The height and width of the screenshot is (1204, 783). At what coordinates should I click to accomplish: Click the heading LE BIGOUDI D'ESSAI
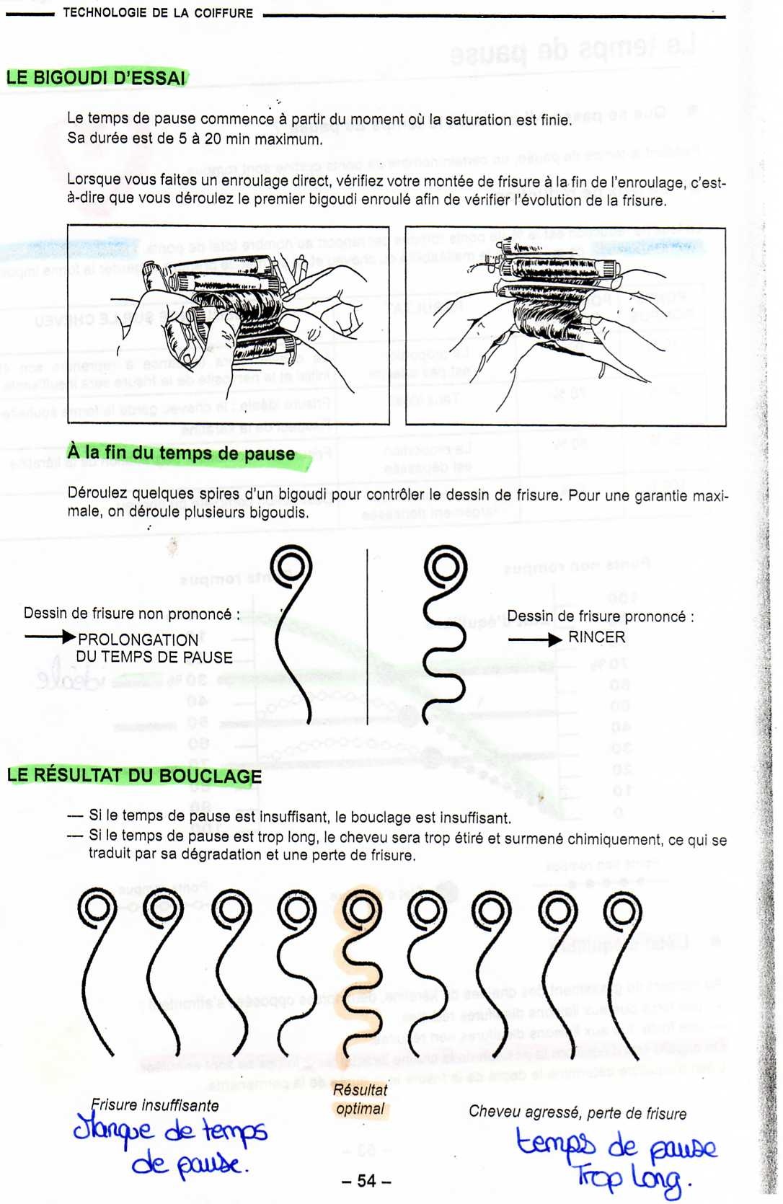click(96, 78)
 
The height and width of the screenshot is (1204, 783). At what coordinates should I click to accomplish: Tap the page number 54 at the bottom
click(366, 1180)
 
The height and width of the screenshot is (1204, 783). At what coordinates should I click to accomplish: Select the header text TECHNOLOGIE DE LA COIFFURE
click(158, 13)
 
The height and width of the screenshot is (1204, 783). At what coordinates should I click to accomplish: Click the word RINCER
click(596, 637)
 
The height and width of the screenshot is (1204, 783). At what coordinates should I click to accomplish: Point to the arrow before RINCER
click(534, 639)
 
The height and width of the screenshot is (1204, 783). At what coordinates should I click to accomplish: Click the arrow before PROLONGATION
click(50, 637)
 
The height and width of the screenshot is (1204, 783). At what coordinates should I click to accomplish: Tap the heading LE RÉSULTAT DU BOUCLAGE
click(134, 776)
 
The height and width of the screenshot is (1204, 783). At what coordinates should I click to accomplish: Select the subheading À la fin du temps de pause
click(181, 453)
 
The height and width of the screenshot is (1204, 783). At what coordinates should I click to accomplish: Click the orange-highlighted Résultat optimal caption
click(360, 1099)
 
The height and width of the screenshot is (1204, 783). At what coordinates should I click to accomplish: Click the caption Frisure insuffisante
click(154, 1105)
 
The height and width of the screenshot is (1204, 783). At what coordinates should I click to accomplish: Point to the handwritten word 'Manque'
click(113, 1128)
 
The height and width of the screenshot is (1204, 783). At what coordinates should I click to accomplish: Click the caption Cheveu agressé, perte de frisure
click(578, 1112)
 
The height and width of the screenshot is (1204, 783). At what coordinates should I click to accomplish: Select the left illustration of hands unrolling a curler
click(228, 325)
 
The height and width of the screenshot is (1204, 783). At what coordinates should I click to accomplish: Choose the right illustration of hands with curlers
click(565, 327)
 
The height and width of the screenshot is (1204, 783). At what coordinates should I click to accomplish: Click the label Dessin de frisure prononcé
click(600, 616)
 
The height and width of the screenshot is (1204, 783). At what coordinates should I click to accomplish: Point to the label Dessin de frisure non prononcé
click(131, 614)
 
